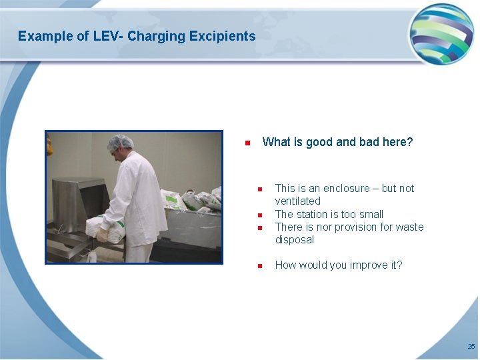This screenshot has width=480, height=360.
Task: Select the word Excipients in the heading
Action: pos(222,36)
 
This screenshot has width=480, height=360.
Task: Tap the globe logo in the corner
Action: pos(441,33)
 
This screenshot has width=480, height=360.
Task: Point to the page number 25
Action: pos(471,347)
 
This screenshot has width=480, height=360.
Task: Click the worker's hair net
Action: pos(121,142)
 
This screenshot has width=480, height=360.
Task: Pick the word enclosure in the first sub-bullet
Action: pos(348,189)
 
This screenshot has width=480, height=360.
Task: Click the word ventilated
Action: pos(297,201)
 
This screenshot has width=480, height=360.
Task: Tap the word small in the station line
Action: pos(370,214)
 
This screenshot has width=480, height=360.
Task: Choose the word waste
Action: pos(409,227)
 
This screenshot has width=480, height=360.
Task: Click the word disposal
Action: pos(294,240)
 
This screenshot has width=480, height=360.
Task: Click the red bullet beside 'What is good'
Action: pos(247,143)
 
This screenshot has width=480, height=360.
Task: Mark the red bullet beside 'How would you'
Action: pos(261,266)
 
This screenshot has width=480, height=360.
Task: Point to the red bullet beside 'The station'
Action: pos(261,215)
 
